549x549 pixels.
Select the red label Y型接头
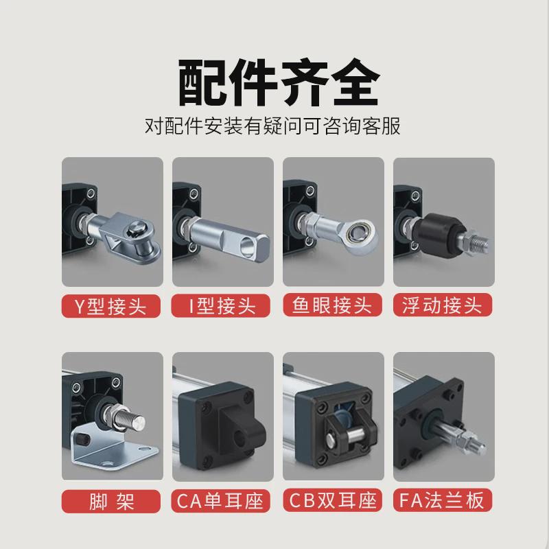[113, 305]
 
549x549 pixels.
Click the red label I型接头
[222, 305]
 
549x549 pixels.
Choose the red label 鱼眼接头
[334, 305]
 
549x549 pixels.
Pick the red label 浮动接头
[443, 305]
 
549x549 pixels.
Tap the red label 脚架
[113, 500]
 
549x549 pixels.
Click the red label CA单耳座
[222, 500]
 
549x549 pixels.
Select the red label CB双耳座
[334, 500]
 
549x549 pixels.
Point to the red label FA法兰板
[443, 500]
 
